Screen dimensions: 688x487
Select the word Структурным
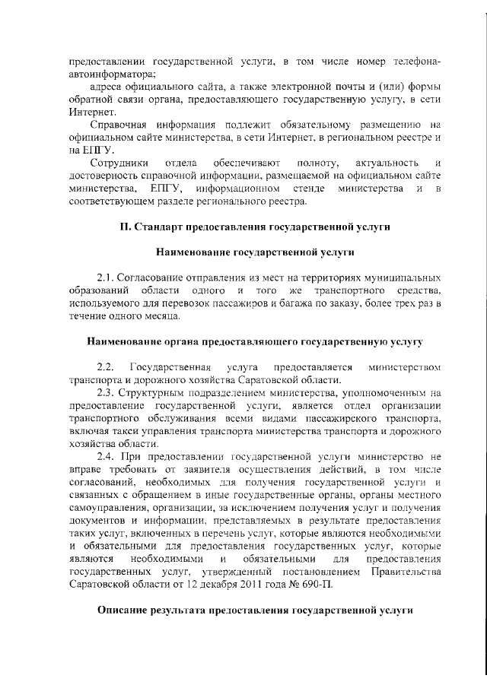coord(151,392)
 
